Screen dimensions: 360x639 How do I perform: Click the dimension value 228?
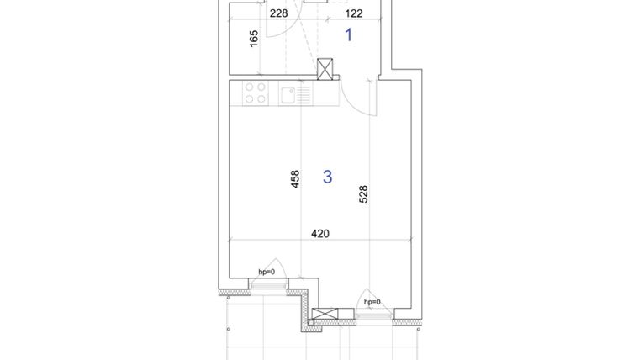[278, 13]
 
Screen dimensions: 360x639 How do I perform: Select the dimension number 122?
[353, 13]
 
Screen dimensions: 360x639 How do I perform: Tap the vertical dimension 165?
[254, 39]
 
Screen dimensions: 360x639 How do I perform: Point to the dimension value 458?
[295, 178]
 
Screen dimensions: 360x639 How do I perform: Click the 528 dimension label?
[363, 194]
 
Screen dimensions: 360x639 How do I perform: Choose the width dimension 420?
[319, 233]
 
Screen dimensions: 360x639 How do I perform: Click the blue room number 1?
[349, 35]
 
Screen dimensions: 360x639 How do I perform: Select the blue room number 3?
[327, 177]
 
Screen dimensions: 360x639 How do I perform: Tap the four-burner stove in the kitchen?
[256, 93]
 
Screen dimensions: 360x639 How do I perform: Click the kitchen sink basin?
[288, 94]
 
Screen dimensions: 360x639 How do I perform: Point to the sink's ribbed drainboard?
[304, 94]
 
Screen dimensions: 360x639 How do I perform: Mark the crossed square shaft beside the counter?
[326, 66]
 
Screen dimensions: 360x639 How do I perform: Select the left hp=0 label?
[266, 272]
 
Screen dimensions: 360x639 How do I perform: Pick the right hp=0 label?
[372, 301]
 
